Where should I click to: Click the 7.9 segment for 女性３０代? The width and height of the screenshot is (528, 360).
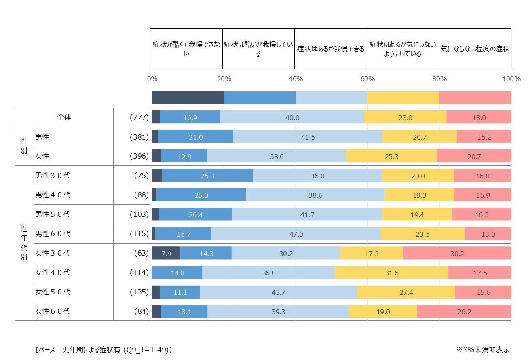[166, 253]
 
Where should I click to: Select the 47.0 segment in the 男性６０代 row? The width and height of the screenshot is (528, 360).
[296, 234]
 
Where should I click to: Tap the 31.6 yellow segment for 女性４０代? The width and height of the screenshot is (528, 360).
[391, 273]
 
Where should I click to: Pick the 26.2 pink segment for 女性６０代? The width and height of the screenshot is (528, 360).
[464, 311]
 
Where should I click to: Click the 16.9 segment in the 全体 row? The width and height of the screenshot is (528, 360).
[190, 117]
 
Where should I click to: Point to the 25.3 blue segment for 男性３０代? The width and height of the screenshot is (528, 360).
[207, 176]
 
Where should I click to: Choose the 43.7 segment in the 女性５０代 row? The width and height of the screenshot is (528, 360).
[278, 292]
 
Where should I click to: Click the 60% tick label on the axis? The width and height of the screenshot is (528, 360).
[367, 79]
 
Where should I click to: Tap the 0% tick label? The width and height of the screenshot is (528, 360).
[152, 79]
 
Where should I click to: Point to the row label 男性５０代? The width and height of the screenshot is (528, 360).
[53, 214]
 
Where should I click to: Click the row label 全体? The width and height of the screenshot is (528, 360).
[64, 117]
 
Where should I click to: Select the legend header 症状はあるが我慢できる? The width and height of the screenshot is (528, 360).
[331, 49]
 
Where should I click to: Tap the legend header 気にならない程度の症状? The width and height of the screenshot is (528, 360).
[475, 49]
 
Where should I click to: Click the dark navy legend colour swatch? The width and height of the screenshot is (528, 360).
[188, 97]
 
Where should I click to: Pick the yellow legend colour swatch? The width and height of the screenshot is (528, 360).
[403, 97]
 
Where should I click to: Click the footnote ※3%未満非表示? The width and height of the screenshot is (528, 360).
[483, 349]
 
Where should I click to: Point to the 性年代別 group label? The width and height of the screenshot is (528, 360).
[24, 243]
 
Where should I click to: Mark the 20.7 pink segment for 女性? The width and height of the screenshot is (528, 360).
[474, 156]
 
